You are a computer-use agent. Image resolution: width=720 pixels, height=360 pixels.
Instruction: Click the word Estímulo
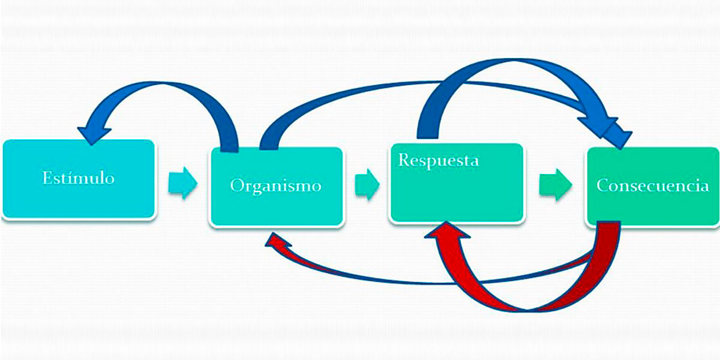coord(78,178)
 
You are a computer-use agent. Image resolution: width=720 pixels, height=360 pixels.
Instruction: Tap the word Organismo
coord(275,185)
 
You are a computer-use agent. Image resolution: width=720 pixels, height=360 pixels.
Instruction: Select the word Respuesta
coord(439,161)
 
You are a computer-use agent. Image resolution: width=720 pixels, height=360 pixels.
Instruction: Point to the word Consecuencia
coord(653,185)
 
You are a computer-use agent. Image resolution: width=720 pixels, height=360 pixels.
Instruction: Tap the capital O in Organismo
coord(237,185)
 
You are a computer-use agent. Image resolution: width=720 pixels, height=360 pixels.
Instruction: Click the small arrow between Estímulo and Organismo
coord(182,182)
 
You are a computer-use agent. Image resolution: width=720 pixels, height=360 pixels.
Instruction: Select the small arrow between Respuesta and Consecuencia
coord(555,184)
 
